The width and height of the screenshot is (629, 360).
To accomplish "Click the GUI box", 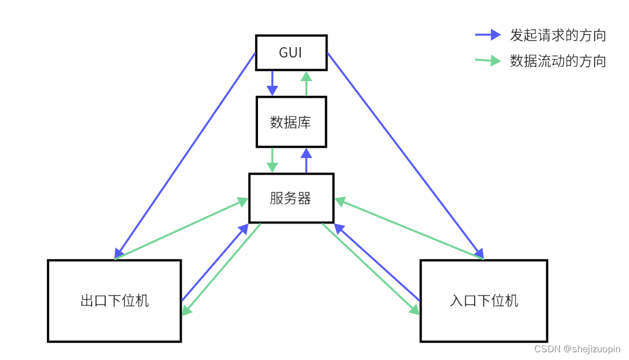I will (291, 52).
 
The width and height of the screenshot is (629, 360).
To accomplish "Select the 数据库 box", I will (291, 122).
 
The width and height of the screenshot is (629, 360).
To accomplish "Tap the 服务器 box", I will (291, 198).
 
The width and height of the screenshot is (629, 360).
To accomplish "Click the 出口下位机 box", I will (114, 300).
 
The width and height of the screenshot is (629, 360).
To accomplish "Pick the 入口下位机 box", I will (484, 300).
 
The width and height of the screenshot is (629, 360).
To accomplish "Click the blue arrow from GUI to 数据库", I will (272, 83).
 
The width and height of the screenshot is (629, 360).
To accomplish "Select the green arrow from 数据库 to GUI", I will (307, 83).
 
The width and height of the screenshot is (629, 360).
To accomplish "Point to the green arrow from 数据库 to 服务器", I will (272, 160).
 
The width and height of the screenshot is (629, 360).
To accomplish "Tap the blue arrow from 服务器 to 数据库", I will (307, 160).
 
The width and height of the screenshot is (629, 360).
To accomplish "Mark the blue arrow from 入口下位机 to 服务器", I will (378, 262).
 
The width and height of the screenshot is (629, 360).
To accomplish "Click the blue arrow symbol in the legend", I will (488, 35).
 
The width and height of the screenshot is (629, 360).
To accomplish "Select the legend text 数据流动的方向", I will (558, 61).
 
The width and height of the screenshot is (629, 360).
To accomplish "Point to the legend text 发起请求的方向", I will (558, 35).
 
